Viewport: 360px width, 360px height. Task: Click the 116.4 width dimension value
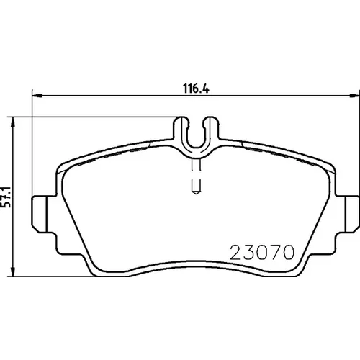coord(196,88)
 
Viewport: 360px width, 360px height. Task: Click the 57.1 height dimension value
coord(6,197)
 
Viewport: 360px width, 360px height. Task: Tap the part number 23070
coord(262,252)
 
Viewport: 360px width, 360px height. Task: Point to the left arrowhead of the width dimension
coord(37,96)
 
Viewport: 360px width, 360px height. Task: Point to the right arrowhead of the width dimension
coord(354,96)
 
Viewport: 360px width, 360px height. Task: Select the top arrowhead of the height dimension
coord(13,122)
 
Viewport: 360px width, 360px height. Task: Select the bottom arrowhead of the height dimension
coord(13,271)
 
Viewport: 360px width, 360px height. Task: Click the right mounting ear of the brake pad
coord(348,215)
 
